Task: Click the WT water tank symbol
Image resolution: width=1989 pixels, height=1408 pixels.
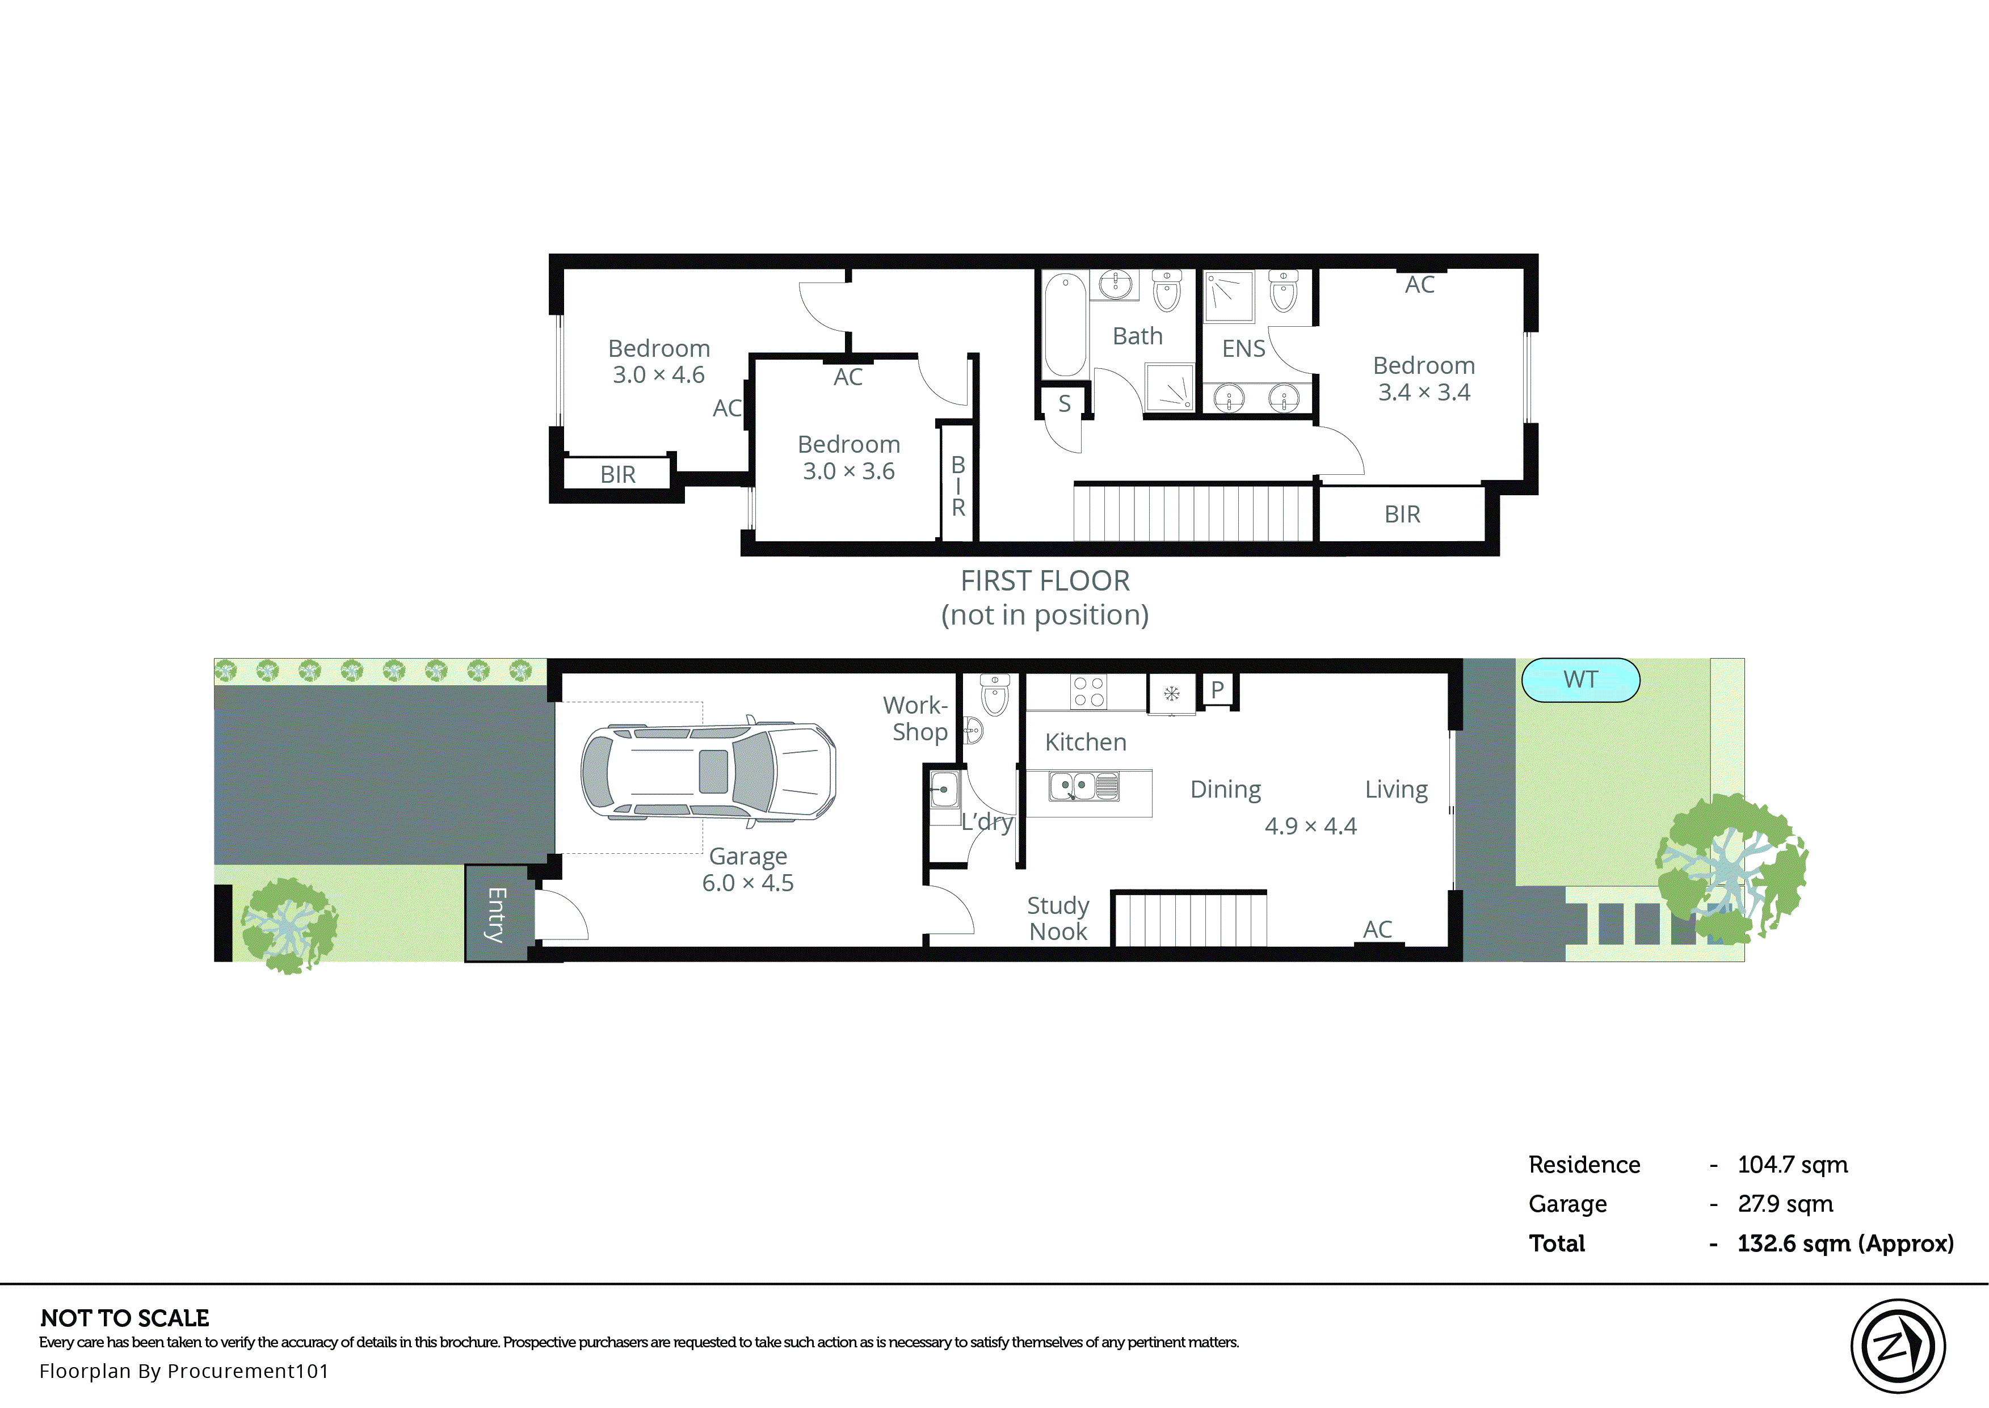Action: tap(1580, 680)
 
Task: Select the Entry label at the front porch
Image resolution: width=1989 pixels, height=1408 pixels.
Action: tap(496, 914)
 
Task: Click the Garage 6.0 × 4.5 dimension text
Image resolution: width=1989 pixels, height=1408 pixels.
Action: tap(747, 883)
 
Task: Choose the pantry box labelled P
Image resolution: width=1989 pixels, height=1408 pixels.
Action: tap(1217, 690)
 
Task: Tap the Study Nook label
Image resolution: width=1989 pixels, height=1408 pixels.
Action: tap(1058, 918)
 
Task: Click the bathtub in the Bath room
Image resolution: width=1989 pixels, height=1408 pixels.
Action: tap(1065, 325)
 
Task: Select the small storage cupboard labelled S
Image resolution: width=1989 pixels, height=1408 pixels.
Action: tap(1064, 404)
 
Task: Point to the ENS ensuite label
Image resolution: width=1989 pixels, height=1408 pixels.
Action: tap(1243, 348)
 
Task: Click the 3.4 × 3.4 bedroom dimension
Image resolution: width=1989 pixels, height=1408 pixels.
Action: tap(1424, 393)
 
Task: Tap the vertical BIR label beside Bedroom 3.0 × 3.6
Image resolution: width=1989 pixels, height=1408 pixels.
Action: tap(958, 486)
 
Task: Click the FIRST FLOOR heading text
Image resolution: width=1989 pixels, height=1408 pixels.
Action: tap(1045, 581)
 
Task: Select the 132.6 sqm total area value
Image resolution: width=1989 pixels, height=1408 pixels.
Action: tap(1844, 1243)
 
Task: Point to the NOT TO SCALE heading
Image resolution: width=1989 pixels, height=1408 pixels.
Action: tap(125, 1318)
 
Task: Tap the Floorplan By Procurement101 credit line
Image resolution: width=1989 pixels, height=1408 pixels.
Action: tap(184, 1371)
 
